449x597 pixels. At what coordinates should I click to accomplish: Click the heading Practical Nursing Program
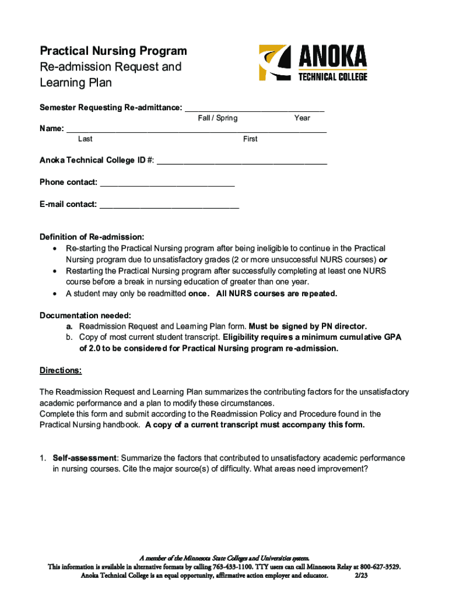(113, 51)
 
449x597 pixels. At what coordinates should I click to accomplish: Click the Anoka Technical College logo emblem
(273, 62)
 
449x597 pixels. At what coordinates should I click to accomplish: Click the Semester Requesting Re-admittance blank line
(254, 108)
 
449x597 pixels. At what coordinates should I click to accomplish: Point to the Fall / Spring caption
(218, 118)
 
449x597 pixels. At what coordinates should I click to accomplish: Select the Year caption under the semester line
(302, 118)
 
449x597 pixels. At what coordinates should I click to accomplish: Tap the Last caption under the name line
(85, 139)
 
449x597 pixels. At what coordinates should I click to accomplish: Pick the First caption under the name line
(250, 139)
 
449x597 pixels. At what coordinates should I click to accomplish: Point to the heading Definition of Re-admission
(92, 237)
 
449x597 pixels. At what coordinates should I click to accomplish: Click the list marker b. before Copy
(69, 338)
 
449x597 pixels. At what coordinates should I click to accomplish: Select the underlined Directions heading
(61, 370)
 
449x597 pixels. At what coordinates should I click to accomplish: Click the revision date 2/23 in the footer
(362, 575)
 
